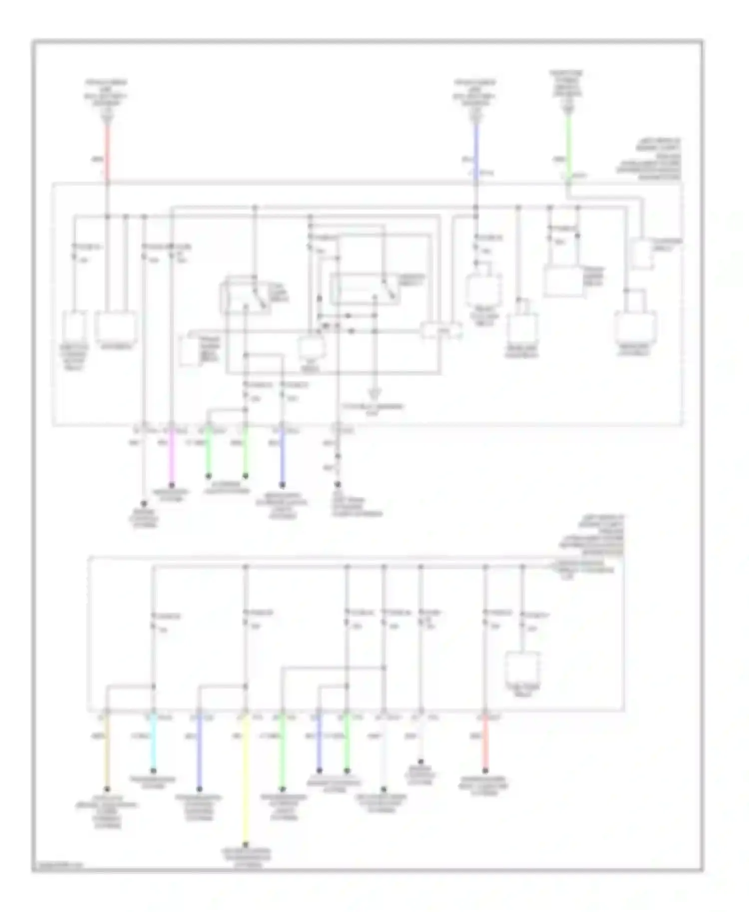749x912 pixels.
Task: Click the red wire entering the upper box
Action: pyautogui.click(x=107, y=150)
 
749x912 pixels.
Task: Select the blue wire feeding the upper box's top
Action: pyautogui.click(x=476, y=150)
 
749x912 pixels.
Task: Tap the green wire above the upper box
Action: pyautogui.click(x=568, y=145)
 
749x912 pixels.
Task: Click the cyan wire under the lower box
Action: pyautogui.click(x=153, y=743)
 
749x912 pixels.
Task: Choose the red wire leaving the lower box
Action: pyautogui.click(x=485, y=743)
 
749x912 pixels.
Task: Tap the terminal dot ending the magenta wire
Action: pyautogui.click(x=172, y=485)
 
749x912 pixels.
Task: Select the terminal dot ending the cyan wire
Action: pyautogui.click(x=153, y=771)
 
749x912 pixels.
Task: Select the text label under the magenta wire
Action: pyautogui.click(x=172, y=495)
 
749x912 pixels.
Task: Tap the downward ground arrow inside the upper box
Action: pyautogui.click(x=374, y=393)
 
